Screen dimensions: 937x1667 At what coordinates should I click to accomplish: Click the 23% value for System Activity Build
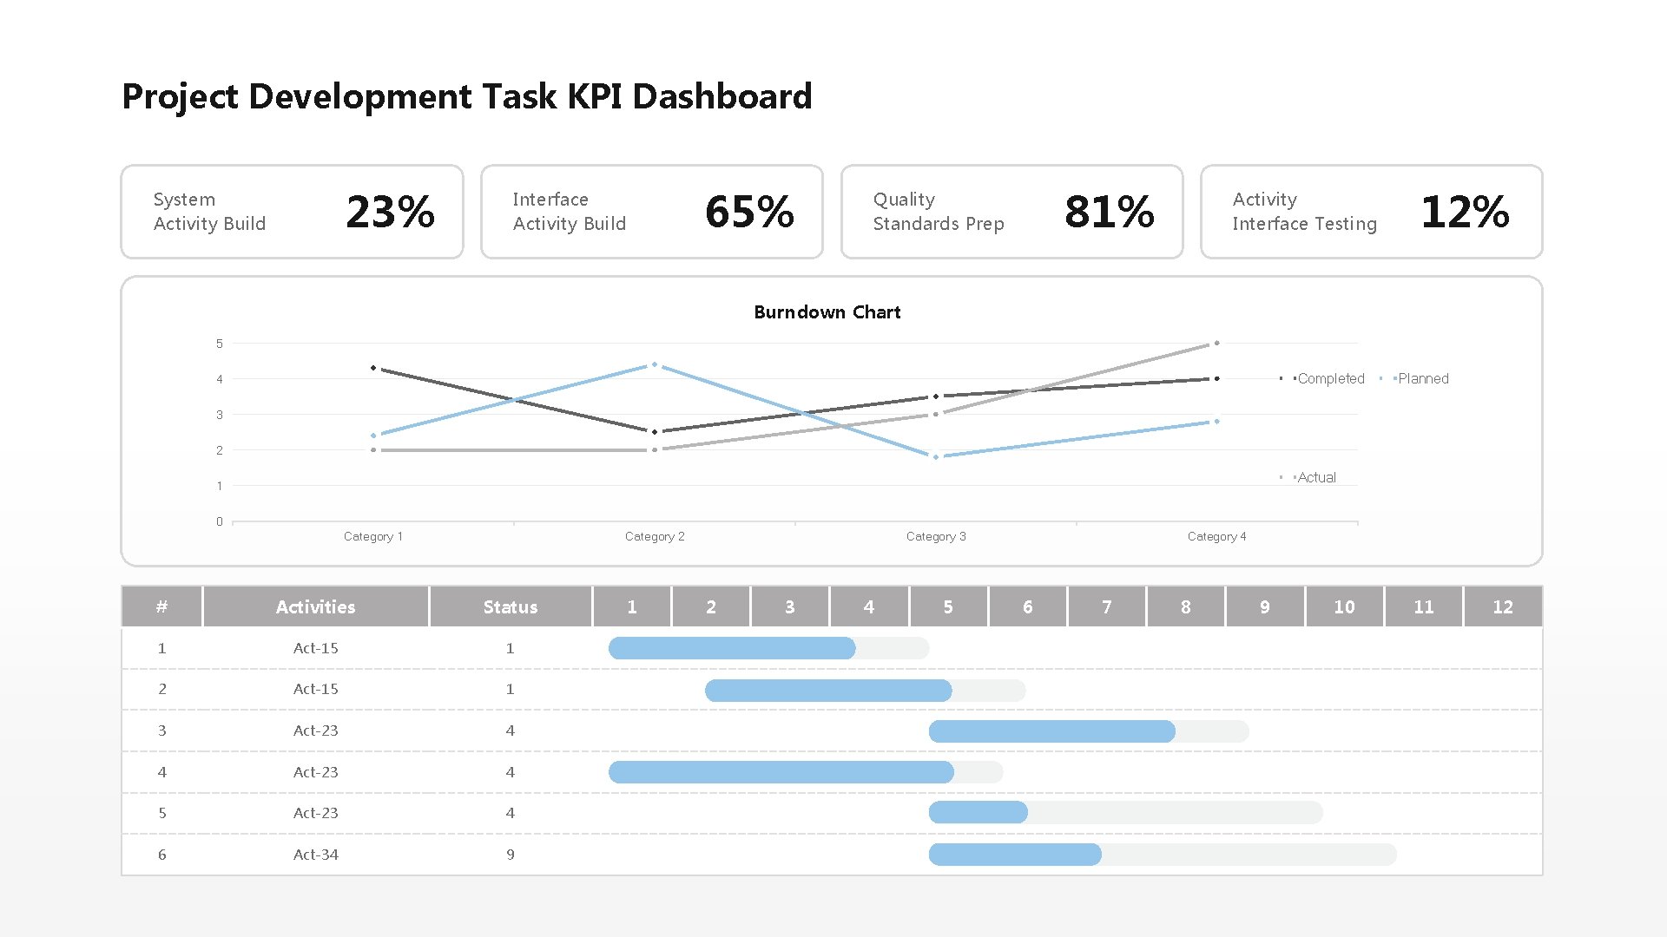[x=390, y=212]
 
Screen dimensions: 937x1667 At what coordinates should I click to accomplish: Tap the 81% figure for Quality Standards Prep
[x=1109, y=212]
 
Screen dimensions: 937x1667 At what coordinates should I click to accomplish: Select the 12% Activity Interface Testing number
[x=1465, y=212]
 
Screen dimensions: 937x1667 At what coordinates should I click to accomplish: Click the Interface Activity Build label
[x=569, y=212]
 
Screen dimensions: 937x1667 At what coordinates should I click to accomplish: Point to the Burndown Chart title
[x=827, y=312]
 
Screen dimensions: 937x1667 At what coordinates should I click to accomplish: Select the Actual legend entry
[x=1316, y=478]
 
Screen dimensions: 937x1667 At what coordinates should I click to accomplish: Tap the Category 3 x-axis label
[x=935, y=537]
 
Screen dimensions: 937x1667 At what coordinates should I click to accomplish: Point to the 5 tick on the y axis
[x=220, y=344]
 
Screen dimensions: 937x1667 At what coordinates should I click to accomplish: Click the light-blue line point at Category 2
[x=655, y=365]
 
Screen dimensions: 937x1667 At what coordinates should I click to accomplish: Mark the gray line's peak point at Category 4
[x=1216, y=344]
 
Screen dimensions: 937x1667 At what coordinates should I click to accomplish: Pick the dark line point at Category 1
[x=373, y=368]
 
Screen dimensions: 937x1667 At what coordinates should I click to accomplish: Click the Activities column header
[x=315, y=607]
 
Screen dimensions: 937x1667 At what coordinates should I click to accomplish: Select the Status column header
[x=510, y=607]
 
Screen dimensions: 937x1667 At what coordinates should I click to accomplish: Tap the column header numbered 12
[x=1502, y=607]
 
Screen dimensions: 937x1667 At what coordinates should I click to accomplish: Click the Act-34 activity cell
[x=315, y=855]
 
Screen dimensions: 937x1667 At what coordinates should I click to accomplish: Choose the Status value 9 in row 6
[x=510, y=855]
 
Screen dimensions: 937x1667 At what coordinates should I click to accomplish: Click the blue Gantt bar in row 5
[x=978, y=813]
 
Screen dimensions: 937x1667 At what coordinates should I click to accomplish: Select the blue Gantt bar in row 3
[x=1051, y=731]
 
